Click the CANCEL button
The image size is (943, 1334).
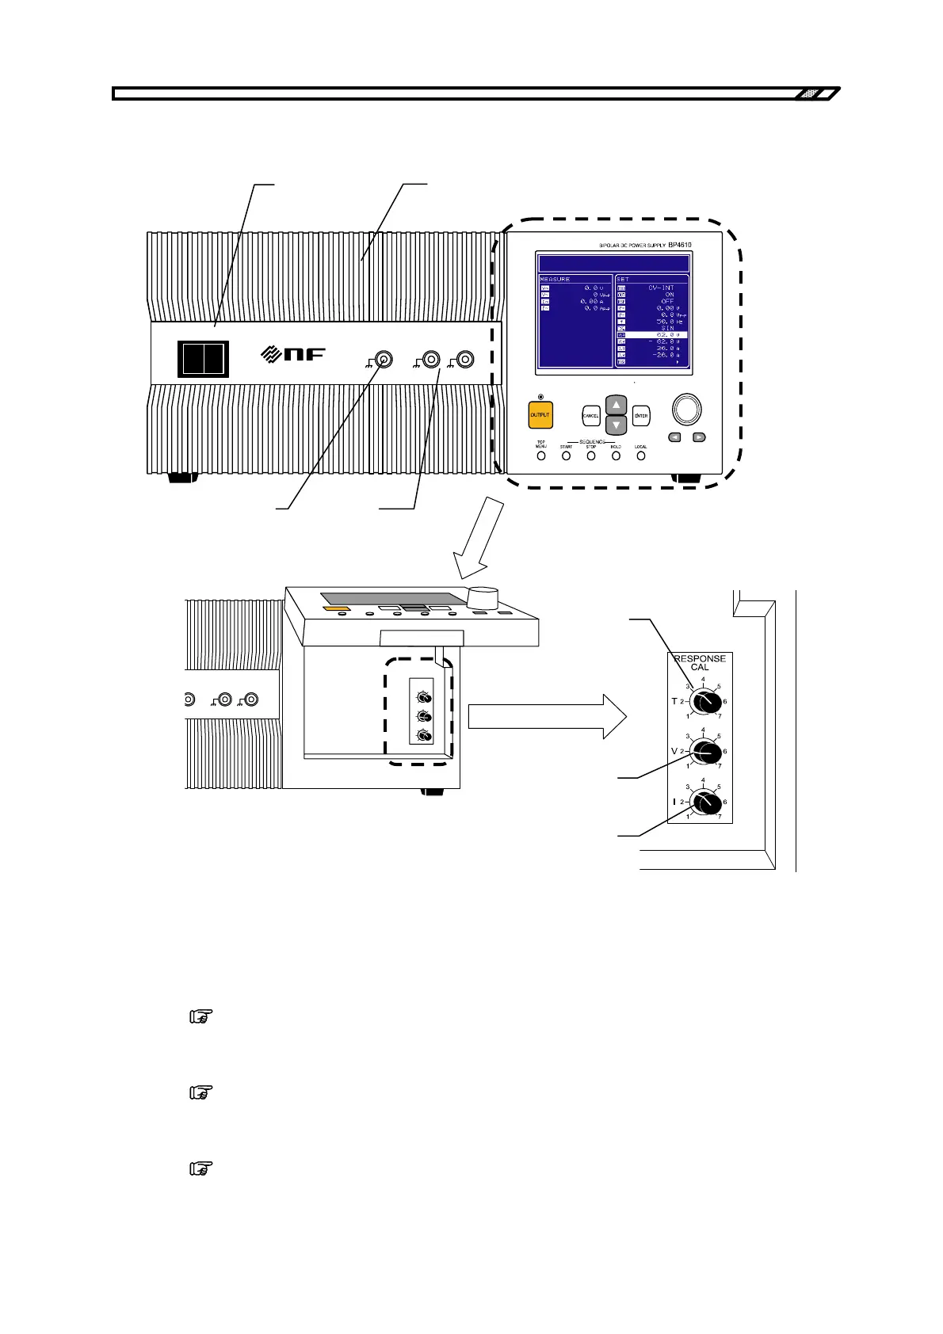click(590, 415)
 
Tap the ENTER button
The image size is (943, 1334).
click(641, 415)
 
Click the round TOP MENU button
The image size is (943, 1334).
click(541, 456)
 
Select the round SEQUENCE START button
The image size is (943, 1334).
click(566, 456)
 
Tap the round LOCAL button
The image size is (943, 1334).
click(641, 456)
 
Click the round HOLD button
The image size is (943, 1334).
click(616, 456)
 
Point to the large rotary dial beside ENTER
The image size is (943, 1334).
click(686, 409)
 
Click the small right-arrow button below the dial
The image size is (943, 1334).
click(699, 437)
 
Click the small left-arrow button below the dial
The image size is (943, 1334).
click(674, 437)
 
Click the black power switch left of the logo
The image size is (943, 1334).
click(203, 359)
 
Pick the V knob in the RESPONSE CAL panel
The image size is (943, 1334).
click(704, 751)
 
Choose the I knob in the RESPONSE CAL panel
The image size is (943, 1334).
click(704, 802)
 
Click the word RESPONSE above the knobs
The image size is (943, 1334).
click(700, 658)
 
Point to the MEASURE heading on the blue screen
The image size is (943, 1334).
click(555, 279)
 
